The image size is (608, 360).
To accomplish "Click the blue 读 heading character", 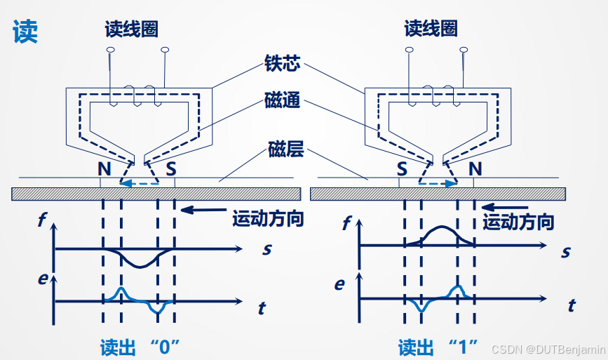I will pyautogui.click(x=25, y=32).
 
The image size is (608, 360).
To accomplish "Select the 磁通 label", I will pyautogui.click(x=283, y=101).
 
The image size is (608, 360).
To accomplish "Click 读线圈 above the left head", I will pyautogui.click(x=131, y=29).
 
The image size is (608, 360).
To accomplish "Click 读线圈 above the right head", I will pyautogui.click(x=431, y=29).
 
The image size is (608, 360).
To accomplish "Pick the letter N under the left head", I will pyautogui.click(x=104, y=168).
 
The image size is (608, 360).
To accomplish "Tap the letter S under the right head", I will pyautogui.click(x=402, y=168).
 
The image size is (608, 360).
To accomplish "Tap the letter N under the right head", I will pyautogui.click(x=475, y=168).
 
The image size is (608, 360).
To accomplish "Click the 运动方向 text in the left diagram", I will pyautogui.click(x=268, y=218).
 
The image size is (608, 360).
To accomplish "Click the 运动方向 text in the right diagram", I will pyautogui.click(x=519, y=222).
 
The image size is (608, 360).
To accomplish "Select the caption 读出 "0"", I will pyautogui.click(x=140, y=347).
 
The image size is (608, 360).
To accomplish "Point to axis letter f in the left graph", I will pyautogui.click(x=42, y=220).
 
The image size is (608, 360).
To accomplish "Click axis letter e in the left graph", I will pyautogui.click(x=42, y=280).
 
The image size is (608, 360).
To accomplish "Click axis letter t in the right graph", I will pyautogui.click(x=572, y=306).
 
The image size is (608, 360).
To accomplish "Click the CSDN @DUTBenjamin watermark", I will pyautogui.click(x=547, y=349).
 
